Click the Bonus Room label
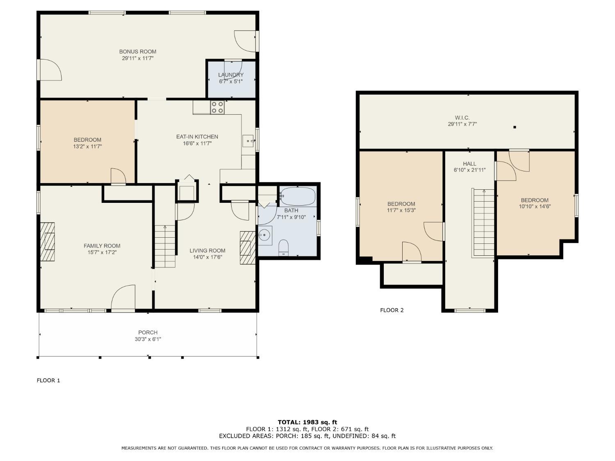pyautogui.click(x=138, y=52)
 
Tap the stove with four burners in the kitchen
pyautogui.click(x=217, y=107)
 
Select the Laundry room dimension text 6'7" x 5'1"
pyautogui.click(x=230, y=82)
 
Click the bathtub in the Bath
pyautogui.click(x=298, y=196)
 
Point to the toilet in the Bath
pyautogui.click(x=284, y=248)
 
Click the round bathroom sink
pyautogui.click(x=264, y=235)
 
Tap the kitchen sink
pyautogui.click(x=248, y=141)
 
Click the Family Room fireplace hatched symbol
pyautogui.click(x=47, y=242)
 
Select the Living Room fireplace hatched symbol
pyautogui.click(x=248, y=248)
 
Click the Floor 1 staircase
pyautogui.click(x=165, y=246)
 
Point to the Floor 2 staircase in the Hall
pyautogui.click(x=483, y=223)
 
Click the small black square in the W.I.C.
pyautogui.click(x=515, y=127)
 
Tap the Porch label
pyautogui.click(x=148, y=332)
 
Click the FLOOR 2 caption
pyautogui.click(x=392, y=310)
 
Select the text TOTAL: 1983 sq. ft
pyautogui.click(x=307, y=422)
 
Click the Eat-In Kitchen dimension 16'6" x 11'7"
pyautogui.click(x=197, y=143)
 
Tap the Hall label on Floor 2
pyautogui.click(x=469, y=164)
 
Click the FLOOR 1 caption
pyautogui.click(x=48, y=380)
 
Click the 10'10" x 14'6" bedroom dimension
pyautogui.click(x=535, y=207)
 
